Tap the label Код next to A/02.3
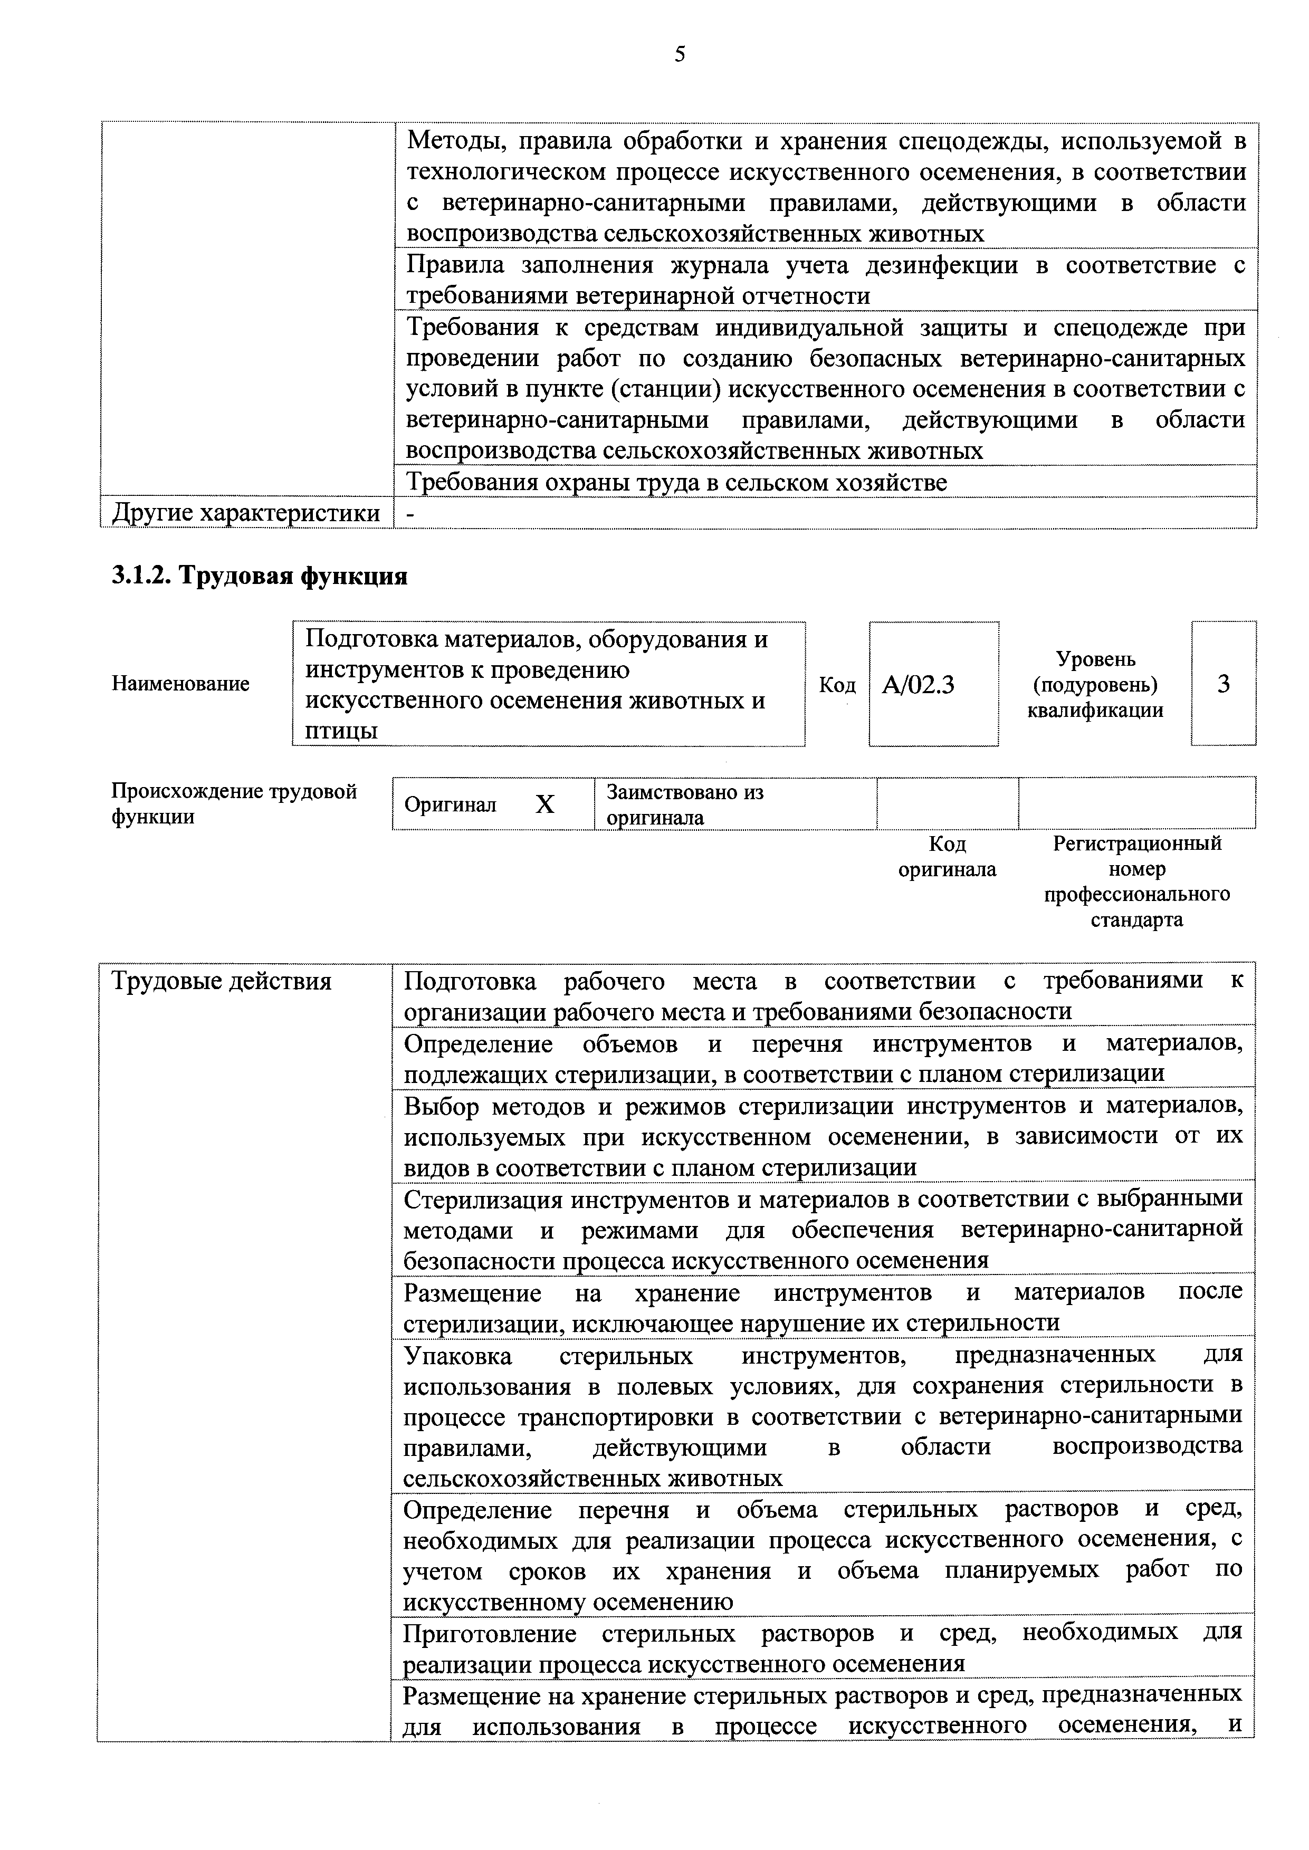coord(837,685)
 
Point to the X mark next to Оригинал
coord(545,804)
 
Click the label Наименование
coord(180,684)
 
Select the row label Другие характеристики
coord(246,512)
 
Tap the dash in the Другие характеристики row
coord(411,512)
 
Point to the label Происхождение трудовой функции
coord(234,803)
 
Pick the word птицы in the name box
coord(341,731)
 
